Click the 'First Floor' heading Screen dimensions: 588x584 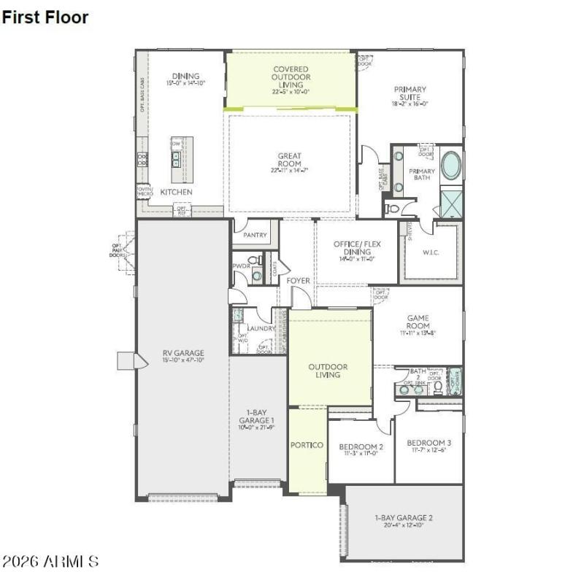[x=45, y=18]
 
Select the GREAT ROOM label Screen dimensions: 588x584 [x=289, y=155]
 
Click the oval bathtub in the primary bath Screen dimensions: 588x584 [x=451, y=166]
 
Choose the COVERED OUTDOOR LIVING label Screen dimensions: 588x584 [x=291, y=77]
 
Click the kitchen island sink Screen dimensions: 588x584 [x=177, y=156]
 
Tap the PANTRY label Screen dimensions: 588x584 [x=255, y=236]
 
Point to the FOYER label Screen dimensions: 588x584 [x=298, y=280]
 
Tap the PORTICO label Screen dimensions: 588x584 [x=307, y=445]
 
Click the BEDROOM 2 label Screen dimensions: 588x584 [x=361, y=446]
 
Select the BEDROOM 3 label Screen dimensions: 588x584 [x=429, y=443]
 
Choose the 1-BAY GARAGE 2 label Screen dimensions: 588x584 [x=404, y=517]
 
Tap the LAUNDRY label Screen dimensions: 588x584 [x=261, y=328]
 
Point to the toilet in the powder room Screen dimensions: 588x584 [x=253, y=260]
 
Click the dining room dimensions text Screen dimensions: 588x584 [x=186, y=83]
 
